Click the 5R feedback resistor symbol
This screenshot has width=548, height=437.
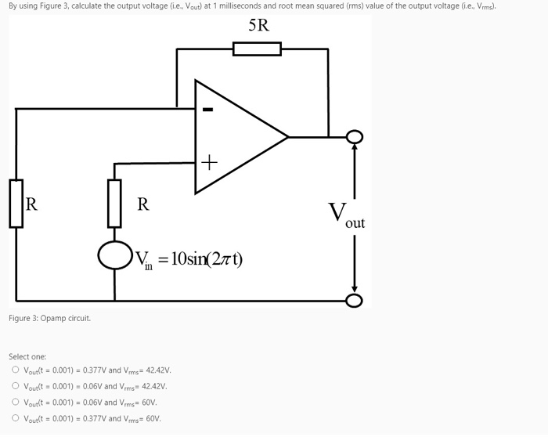pyautogui.click(x=257, y=49)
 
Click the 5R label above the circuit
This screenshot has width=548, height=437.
pyautogui.click(x=258, y=25)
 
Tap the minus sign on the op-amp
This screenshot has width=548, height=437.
pyautogui.click(x=207, y=110)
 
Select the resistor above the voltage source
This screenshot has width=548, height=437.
pyautogui.click(x=114, y=204)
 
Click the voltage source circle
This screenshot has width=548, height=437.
pyautogui.click(x=114, y=255)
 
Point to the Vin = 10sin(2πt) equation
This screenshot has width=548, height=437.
pyautogui.click(x=189, y=258)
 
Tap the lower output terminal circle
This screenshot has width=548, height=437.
pyautogui.click(x=355, y=301)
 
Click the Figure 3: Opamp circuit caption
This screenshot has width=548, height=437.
pyautogui.click(x=49, y=319)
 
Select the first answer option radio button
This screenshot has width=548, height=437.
pyautogui.click(x=15, y=370)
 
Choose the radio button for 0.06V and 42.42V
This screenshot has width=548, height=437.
pyautogui.click(x=15, y=386)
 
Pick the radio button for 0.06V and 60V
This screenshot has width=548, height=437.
pyautogui.click(x=15, y=403)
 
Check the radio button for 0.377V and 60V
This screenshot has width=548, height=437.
pyautogui.click(x=15, y=418)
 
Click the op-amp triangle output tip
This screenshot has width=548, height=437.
pyautogui.click(x=287, y=137)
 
